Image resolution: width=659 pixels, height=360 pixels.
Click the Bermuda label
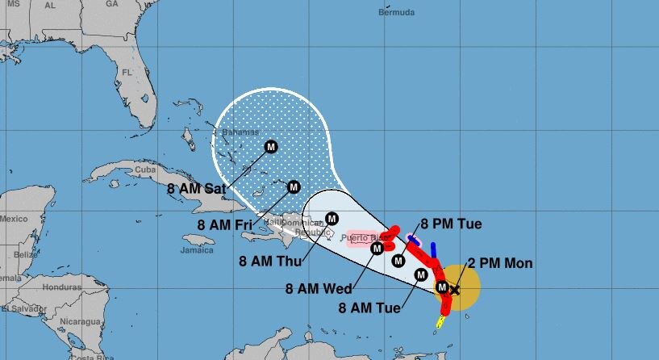396,13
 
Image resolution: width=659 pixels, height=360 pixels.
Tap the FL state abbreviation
126,73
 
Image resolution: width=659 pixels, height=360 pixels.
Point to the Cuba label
144,170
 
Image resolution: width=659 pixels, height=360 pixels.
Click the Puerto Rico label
361,238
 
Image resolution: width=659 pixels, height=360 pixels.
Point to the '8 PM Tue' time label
451,224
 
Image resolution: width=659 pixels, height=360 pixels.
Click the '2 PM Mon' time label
500,264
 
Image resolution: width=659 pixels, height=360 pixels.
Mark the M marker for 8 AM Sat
271,147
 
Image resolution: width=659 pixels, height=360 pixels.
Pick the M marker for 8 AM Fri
294,186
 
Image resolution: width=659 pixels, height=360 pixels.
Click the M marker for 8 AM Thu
332,218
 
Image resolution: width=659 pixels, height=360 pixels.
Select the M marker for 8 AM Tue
420,275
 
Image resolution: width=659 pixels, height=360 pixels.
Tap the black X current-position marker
454,289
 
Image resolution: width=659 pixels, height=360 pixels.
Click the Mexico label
14,219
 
